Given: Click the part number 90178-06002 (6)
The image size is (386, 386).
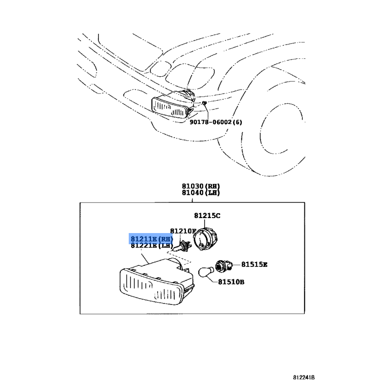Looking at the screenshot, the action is click(216, 122).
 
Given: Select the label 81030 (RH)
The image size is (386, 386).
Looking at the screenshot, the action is click(201, 186).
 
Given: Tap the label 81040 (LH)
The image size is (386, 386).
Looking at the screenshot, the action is click(201, 193).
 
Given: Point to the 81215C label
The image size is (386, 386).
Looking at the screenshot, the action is click(207, 216).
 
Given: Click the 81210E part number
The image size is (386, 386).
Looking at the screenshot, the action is click(183, 231).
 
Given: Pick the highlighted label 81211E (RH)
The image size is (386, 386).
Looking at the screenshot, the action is click(152, 239).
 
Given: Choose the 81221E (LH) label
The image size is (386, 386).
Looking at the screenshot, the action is click(152, 245).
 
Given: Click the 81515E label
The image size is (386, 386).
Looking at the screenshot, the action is click(254, 264).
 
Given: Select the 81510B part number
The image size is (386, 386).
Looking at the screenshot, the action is click(231, 282).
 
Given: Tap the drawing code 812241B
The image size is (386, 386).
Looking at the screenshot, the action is click(304, 377).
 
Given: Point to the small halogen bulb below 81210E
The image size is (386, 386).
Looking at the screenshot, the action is click(181, 247).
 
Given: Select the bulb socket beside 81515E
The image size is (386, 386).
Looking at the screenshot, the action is click(223, 266).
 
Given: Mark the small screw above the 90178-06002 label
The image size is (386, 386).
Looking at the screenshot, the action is click(204, 103).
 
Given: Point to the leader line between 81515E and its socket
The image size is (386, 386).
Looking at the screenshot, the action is click(236, 265).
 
